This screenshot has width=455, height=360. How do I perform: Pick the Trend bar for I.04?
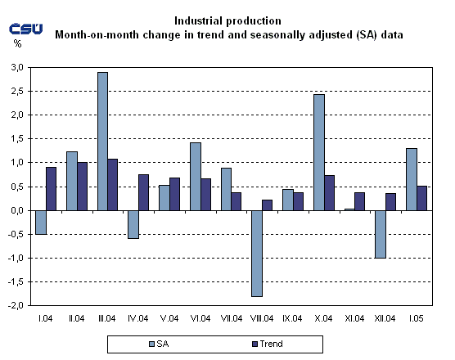tap(52, 188)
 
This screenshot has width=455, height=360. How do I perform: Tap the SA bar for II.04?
tap(71, 181)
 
